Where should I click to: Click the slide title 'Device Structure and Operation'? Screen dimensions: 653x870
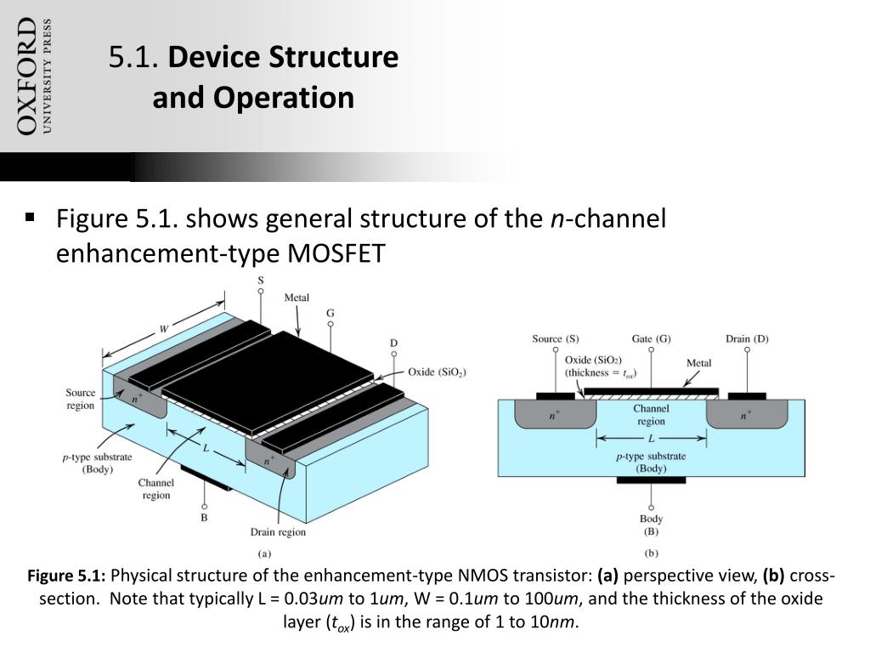click(253, 77)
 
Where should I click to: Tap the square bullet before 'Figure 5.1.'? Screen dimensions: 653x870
click(31, 218)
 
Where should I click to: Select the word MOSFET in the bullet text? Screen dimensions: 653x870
click(338, 253)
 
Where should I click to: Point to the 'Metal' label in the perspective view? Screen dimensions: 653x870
click(297, 298)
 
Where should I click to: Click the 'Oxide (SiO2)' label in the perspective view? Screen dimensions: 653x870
click(437, 372)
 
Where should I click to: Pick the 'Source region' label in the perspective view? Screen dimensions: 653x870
click(81, 399)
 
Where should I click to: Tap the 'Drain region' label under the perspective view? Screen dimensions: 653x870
click(278, 532)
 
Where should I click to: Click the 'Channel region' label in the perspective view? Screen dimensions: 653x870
click(156, 489)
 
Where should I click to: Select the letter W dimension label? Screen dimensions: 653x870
click(164, 328)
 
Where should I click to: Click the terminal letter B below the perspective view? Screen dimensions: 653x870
click(204, 516)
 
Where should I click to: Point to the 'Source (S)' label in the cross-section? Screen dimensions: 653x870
click(556, 338)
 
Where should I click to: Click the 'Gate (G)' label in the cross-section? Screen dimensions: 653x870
click(651, 338)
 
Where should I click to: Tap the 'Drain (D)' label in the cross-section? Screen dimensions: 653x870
click(747, 338)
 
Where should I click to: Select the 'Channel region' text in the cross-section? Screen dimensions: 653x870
click(651, 415)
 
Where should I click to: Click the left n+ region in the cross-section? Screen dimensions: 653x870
click(554, 416)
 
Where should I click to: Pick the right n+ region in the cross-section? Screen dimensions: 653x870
click(746, 416)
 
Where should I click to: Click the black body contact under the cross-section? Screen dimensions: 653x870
click(651, 480)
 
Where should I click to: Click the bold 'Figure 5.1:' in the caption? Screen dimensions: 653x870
click(67, 576)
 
